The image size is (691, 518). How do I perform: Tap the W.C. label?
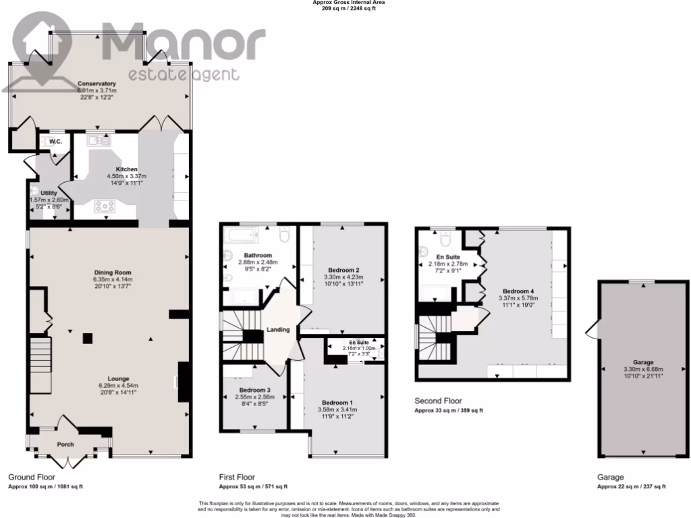point(55,142)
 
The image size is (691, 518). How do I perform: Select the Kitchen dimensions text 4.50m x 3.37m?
point(126,177)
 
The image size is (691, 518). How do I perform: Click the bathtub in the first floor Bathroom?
point(241,237)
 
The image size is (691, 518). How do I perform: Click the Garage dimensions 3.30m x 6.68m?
point(642,368)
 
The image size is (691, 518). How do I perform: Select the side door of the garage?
point(592,330)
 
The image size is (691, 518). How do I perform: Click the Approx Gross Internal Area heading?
point(349,3)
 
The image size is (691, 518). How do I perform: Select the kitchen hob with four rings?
point(106,206)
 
